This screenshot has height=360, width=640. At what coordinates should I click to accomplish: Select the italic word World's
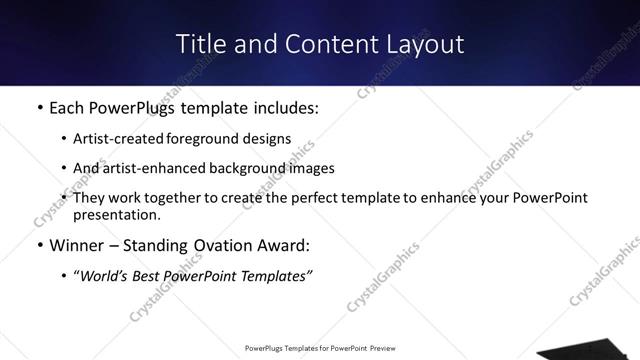coord(105,275)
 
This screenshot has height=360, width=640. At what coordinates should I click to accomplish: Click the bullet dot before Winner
coord(39,245)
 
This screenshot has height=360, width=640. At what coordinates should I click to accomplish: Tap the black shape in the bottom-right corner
coord(590,351)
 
